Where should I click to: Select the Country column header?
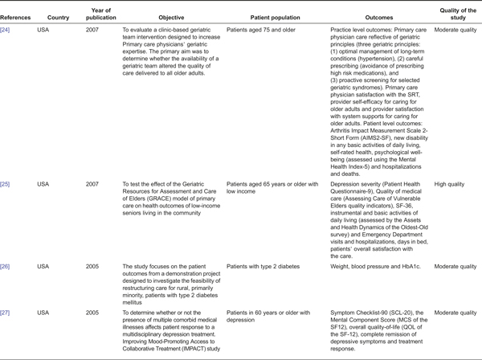[58, 15]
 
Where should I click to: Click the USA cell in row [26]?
[44, 265]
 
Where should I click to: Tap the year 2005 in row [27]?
[94, 311]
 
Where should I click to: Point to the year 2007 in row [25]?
[94, 184]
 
